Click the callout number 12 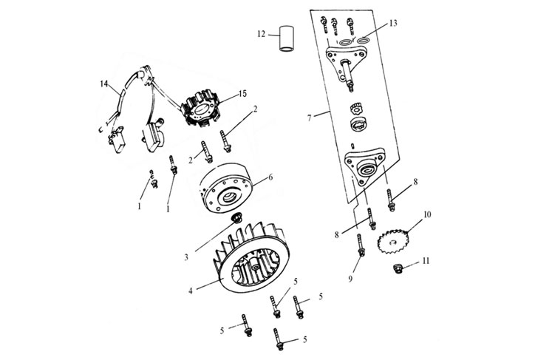261,35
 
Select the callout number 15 242,94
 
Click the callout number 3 187,257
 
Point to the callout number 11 426,261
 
